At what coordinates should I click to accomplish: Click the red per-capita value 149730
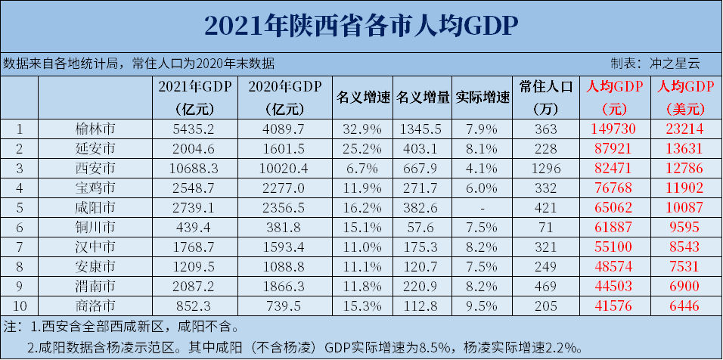pos(613,128)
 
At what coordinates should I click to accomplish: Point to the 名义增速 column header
pos(362,97)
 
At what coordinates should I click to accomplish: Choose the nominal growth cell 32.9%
pos(362,128)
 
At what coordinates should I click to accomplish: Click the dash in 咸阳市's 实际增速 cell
pos(483,206)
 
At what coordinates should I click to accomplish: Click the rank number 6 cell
pos(20,226)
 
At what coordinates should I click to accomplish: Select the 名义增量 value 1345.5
pos(423,128)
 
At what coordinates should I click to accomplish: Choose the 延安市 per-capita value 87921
pos(613,147)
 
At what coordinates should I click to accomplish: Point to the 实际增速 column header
pos(483,97)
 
